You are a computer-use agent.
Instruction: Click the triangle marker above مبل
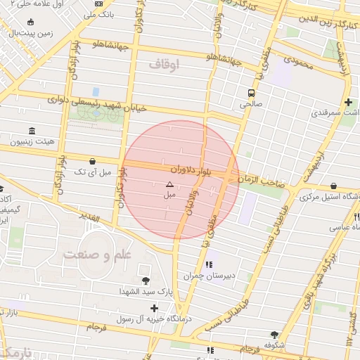click(169, 184)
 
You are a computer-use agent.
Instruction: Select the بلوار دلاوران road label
click(190, 169)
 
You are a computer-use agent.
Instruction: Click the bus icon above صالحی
click(251, 93)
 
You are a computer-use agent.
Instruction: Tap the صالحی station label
click(251, 104)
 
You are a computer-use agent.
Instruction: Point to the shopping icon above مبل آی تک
click(93, 160)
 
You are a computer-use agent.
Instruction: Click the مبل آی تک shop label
click(93, 172)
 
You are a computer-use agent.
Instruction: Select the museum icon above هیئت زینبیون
click(32, 131)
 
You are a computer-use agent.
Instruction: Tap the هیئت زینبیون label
click(32, 142)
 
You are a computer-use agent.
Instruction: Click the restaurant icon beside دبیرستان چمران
click(209, 265)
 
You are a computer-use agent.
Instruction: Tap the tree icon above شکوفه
click(274, 335)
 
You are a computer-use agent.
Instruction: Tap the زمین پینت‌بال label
click(27, 33)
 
